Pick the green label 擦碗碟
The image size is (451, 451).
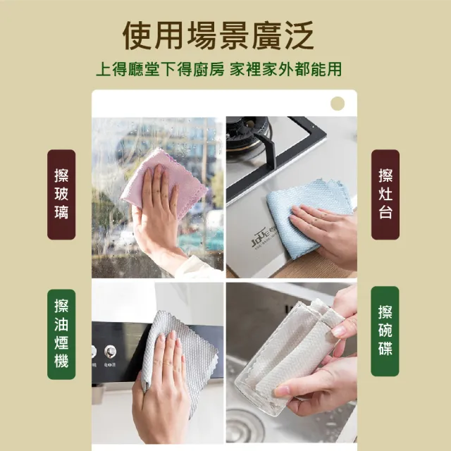pos(385,330)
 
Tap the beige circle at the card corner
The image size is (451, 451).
pos(338,104)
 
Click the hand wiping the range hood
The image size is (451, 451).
pos(166,381)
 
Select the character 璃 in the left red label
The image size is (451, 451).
pos(61,211)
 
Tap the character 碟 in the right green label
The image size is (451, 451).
pos(385,348)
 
